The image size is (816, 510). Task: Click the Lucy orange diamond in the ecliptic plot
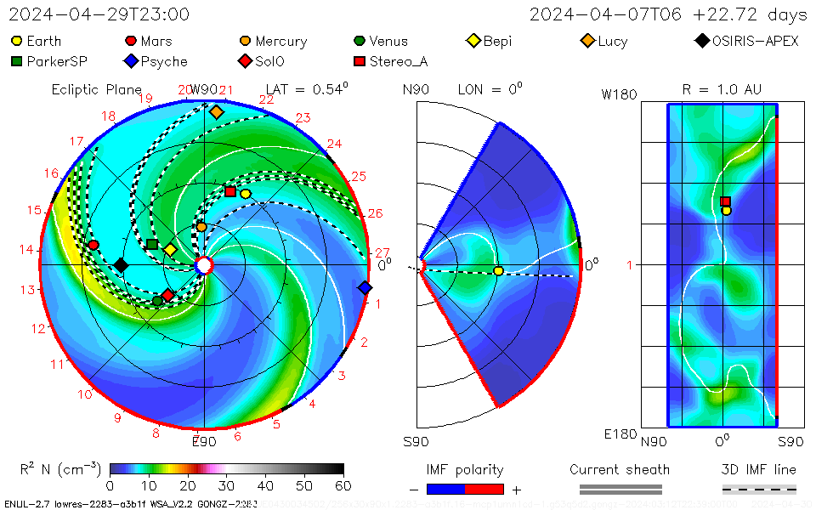(216, 112)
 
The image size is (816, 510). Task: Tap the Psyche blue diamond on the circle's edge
(365, 288)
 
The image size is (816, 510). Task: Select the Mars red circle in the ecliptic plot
(93, 245)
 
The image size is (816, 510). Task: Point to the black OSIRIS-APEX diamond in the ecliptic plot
(121, 265)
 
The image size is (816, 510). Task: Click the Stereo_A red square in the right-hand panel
(725, 201)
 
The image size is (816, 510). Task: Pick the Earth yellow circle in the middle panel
(498, 270)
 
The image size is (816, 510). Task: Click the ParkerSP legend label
(57, 61)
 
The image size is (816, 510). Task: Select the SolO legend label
(270, 61)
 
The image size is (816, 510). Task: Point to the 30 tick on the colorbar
(227, 485)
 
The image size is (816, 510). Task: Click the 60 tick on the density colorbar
(343, 485)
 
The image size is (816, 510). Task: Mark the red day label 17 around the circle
(76, 142)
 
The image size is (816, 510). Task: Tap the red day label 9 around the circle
(117, 417)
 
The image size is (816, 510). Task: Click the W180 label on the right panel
(619, 94)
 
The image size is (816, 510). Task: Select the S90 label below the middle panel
(416, 441)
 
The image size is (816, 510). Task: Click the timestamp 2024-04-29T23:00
(99, 14)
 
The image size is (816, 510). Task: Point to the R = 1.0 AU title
(722, 89)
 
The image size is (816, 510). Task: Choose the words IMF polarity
(465, 469)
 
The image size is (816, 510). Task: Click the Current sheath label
(620, 469)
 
